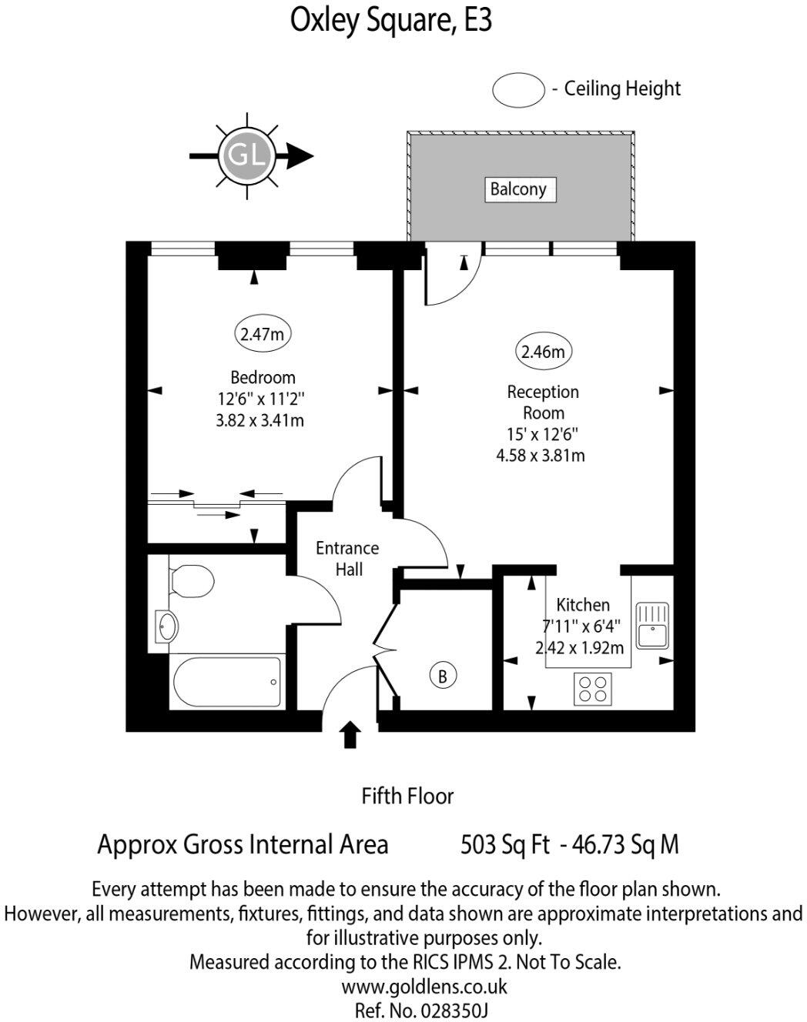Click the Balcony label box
tap(518, 189)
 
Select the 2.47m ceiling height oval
tap(263, 334)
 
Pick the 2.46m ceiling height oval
tap(543, 352)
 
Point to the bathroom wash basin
tap(166, 625)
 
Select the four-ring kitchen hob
tap(593, 688)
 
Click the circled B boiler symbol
tap(442, 676)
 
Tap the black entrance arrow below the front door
tap(350, 734)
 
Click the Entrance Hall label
tap(348, 559)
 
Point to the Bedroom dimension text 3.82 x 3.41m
tap(262, 420)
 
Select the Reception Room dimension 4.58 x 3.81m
tap(541, 455)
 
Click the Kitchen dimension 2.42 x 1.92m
tap(580, 647)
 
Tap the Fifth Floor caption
tap(407, 796)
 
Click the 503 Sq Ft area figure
tap(504, 844)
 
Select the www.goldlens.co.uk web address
tap(424, 986)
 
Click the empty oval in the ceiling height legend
tap(518, 90)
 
